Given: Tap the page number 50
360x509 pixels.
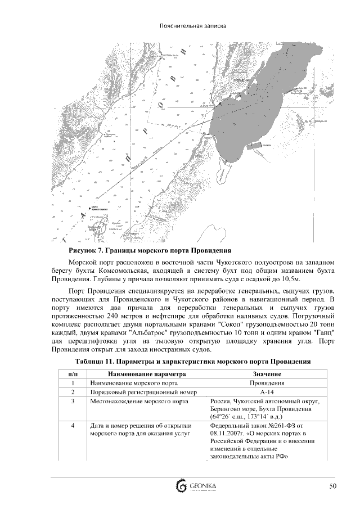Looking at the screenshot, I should [333, 485].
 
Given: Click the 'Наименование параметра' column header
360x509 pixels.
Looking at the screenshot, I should [143, 373].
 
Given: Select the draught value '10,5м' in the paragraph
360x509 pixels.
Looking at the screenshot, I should [291, 279].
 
